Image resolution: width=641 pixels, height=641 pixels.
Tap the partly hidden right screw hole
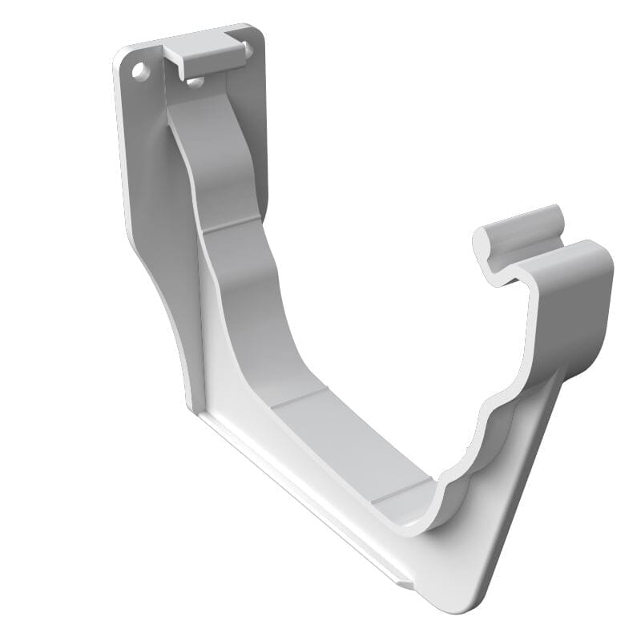tap(248, 50)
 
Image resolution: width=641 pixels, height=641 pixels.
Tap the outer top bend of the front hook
tap(593, 252)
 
